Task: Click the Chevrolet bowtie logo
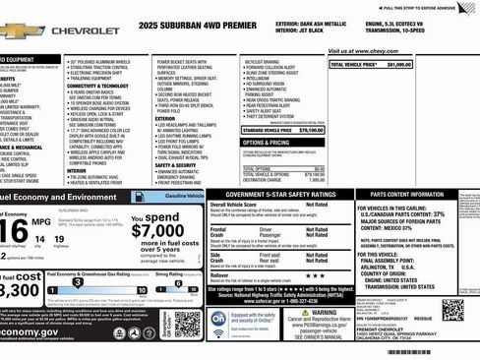22,30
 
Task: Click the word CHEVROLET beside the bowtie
84,30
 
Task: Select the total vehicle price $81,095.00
397,64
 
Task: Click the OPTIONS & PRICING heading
267,143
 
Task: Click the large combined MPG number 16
14,232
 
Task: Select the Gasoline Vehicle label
183,197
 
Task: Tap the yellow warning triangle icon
306,314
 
